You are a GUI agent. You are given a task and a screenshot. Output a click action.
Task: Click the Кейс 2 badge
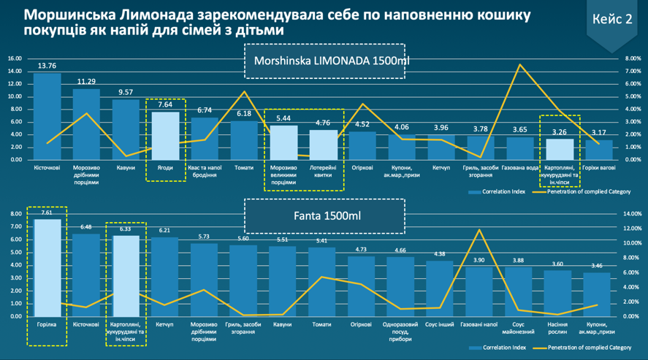click(x=613, y=20)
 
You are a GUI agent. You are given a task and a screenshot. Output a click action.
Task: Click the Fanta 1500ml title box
click(x=324, y=216)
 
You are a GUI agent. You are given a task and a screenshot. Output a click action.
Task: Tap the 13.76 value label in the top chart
click(x=47, y=66)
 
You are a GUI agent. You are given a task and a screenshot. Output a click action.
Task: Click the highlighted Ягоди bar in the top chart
click(x=165, y=136)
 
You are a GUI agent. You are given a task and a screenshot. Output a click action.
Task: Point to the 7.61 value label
click(x=46, y=213)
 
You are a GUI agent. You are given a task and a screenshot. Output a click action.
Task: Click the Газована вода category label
click(x=519, y=167)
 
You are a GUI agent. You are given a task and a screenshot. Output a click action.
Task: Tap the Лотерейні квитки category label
click(x=323, y=171)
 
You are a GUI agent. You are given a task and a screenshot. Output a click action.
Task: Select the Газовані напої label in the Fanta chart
click(x=479, y=323)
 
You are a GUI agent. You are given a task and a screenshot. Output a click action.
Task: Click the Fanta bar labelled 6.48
click(x=85, y=275)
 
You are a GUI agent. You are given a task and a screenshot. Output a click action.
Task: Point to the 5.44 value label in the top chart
click(x=283, y=118)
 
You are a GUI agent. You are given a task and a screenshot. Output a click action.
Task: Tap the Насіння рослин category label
click(x=557, y=326)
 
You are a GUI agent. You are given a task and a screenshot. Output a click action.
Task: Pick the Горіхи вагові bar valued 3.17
click(x=599, y=150)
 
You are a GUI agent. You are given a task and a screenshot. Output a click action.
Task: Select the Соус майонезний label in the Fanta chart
click(x=519, y=326)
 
